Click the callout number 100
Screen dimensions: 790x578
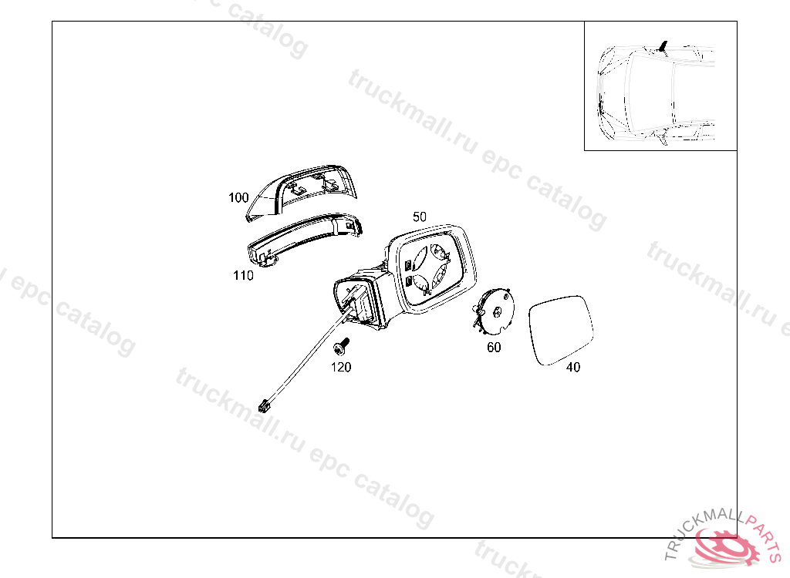[238, 197]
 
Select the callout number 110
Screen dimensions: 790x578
[243, 275]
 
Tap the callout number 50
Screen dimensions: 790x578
[419, 217]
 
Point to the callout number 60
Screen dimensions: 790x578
[494, 347]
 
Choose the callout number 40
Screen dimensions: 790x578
[573, 367]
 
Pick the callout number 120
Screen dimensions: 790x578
[340, 367]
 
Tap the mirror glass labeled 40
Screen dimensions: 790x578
[562, 330]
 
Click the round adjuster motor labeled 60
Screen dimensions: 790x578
[495, 311]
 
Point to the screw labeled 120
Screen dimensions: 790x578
[341, 345]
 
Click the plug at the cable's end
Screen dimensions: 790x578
[264, 405]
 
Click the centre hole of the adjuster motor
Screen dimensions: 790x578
[498, 312]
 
